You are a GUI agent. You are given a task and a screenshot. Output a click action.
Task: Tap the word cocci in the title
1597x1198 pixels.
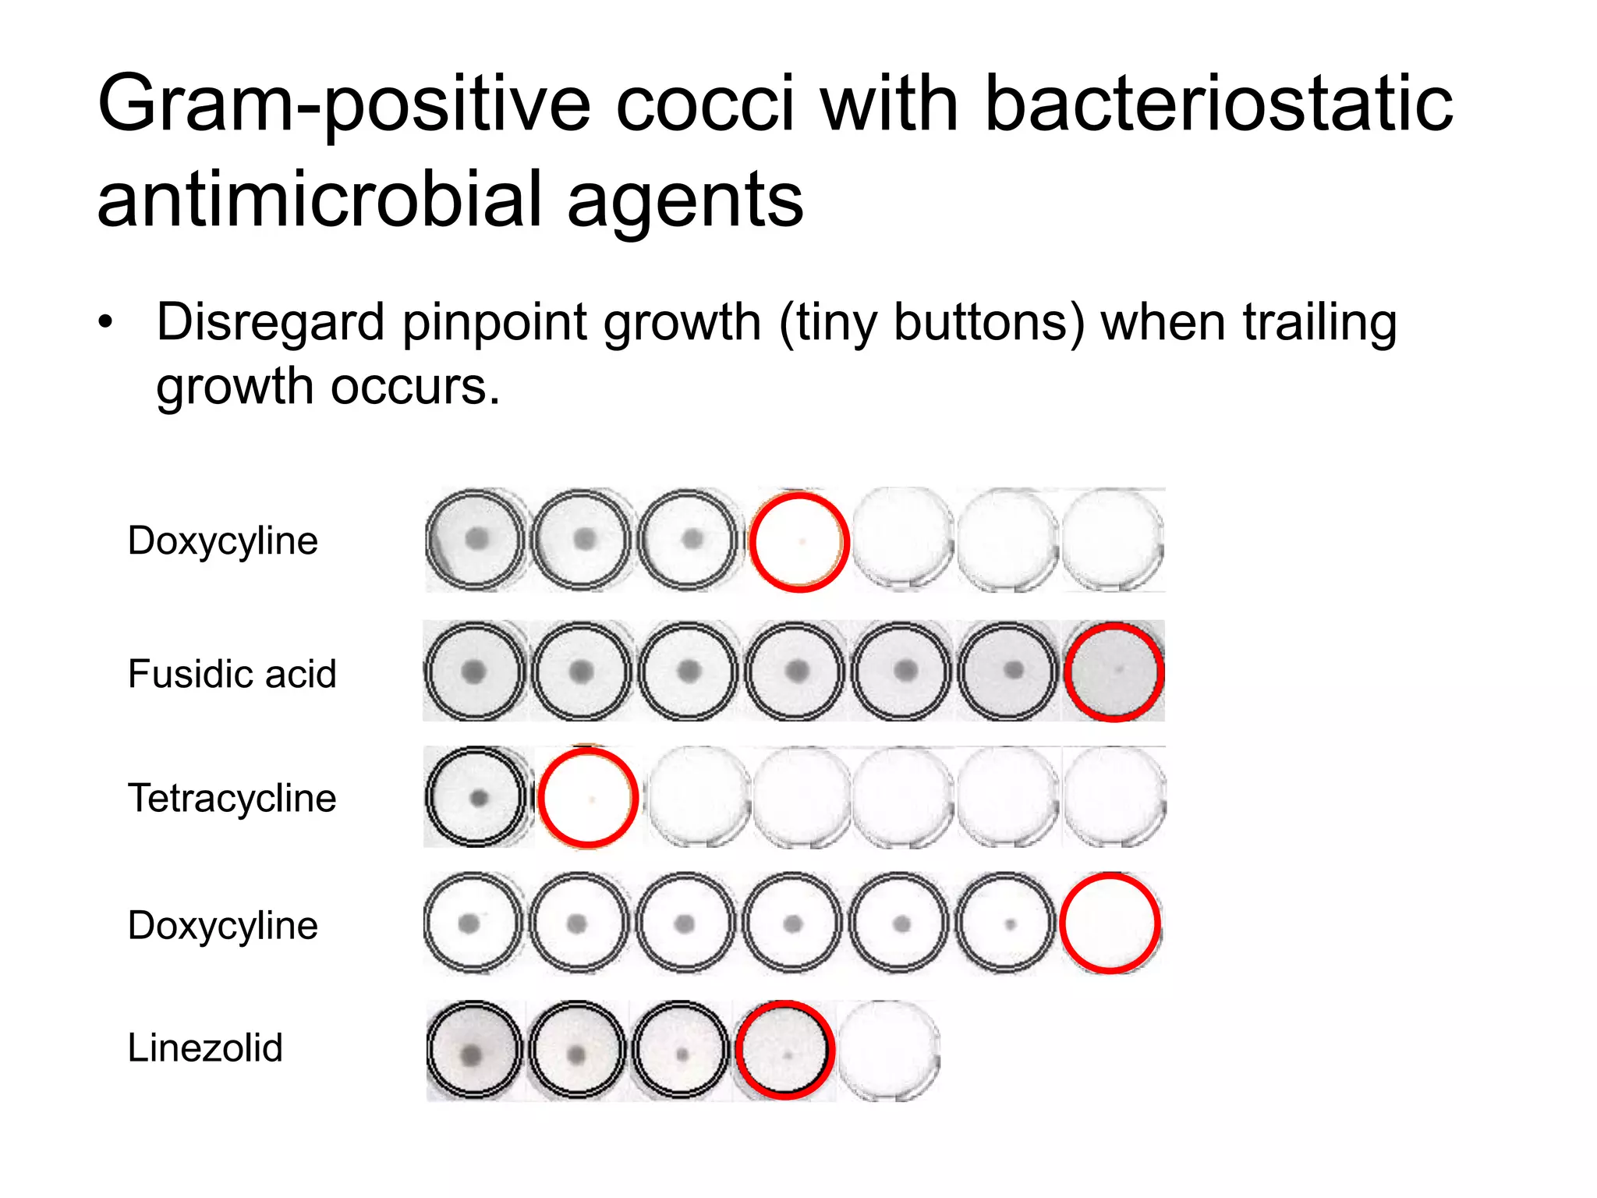tap(705, 104)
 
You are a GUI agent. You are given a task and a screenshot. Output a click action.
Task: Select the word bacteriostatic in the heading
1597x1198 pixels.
tap(1218, 104)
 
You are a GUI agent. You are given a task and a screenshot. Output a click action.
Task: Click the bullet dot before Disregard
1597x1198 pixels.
tap(105, 322)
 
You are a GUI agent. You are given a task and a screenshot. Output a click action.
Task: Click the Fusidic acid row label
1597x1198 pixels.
tap(232, 674)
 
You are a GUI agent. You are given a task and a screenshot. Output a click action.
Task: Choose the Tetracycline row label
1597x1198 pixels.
tap(232, 799)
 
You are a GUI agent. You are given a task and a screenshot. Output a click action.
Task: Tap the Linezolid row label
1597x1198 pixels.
tap(204, 1047)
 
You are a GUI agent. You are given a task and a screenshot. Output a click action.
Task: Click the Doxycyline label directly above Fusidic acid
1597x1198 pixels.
tap(222, 541)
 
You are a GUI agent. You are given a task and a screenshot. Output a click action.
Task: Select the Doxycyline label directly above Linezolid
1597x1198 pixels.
tap(222, 926)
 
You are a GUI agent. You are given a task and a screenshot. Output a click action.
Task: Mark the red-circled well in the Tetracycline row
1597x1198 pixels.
tap(588, 798)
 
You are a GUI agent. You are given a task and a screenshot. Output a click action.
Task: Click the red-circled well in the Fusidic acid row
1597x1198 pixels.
tap(1114, 672)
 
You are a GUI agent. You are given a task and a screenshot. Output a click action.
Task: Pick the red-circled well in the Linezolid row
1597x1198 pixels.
tap(785, 1051)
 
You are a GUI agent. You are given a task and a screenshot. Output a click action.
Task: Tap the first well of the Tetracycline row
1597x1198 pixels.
tap(476, 797)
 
